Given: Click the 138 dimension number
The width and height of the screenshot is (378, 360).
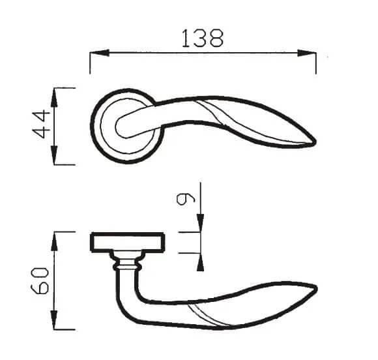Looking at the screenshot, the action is pyautogui.click(x=203, y=38).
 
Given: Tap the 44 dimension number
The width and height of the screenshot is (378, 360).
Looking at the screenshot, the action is pyautogui.click(x=41, y=124).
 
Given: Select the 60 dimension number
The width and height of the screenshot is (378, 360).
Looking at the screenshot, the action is pyautogui.click(x=40, y=280).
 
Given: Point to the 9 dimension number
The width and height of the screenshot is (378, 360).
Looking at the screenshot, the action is pyautogui.click(x=185, y=199).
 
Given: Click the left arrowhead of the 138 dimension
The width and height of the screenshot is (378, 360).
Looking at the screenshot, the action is pyautogui.click(x=99, y=53).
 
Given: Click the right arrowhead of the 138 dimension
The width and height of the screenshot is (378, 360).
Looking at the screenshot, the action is pyautogui.click(x=306, y=53).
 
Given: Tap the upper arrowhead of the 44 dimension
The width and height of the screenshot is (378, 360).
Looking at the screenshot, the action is pyautogui.click(x=55, y=97).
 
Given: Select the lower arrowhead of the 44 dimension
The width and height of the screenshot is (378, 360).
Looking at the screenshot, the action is pyautogui.click(x=55, y=155).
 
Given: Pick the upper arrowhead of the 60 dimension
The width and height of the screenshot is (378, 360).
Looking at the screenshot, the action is pyautogui.click(x=55, y=241).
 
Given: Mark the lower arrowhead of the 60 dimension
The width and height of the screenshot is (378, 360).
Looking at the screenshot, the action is pyautogui.click(x=55, y=320).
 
